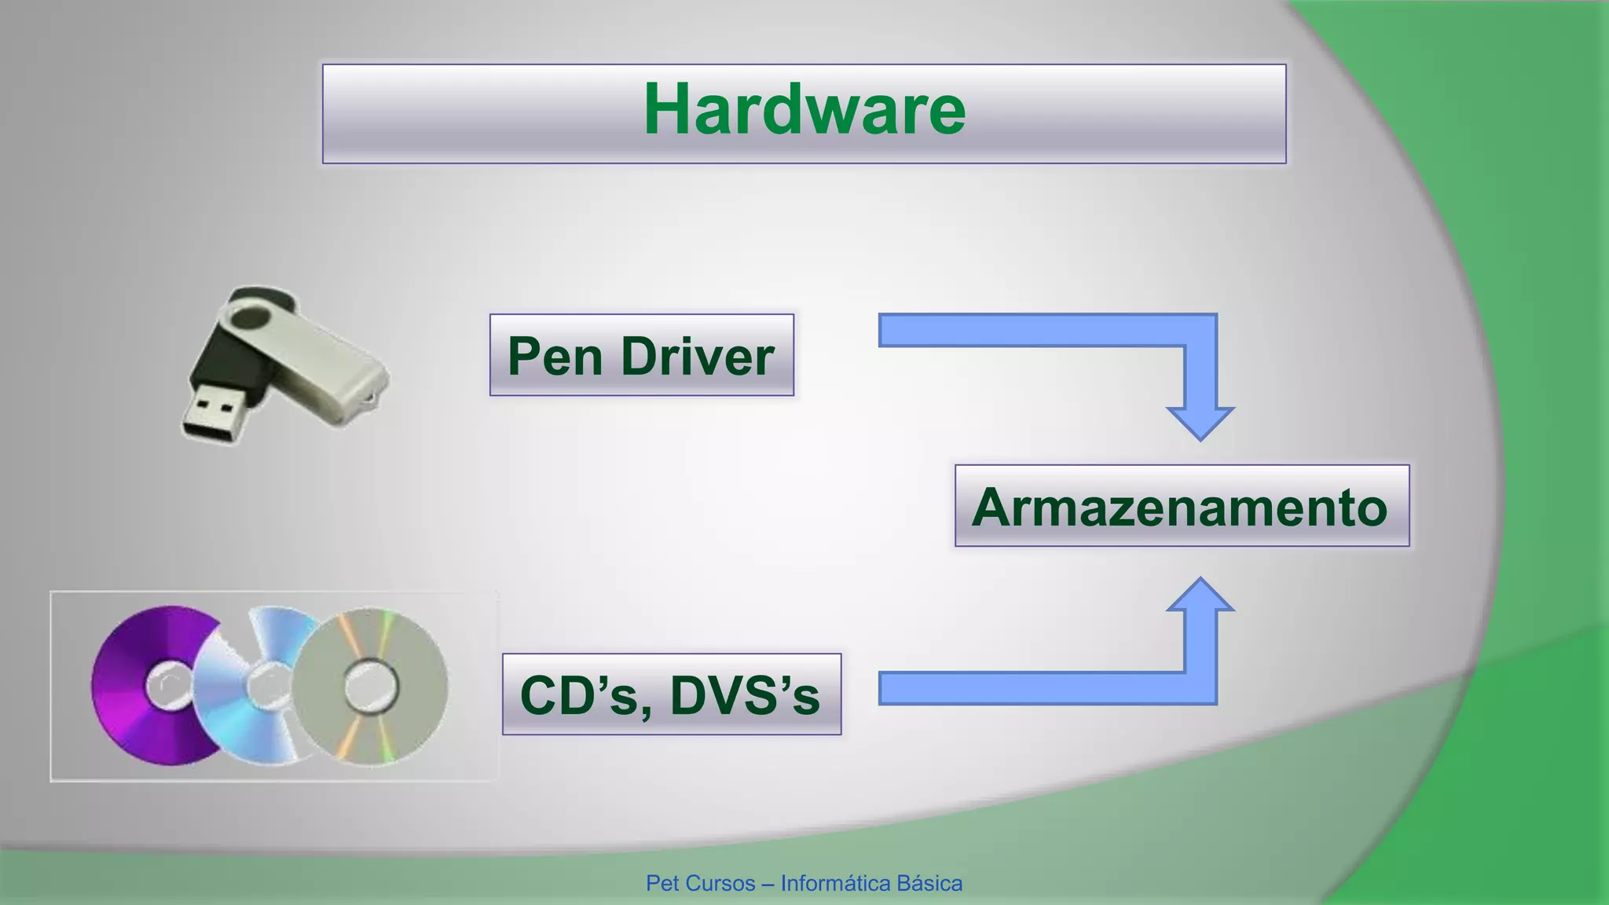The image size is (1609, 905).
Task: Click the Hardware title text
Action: [x=804, y=110]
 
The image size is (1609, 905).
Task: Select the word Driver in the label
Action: [x=698, y=356]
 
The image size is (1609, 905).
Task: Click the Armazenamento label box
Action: [x=1181, y=506]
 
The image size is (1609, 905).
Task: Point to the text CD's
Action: [x=580, y=695]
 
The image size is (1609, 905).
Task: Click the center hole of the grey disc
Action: [x=371, y=686]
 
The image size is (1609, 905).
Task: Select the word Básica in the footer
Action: [x=929, y=884]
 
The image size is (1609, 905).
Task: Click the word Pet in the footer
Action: [x=662, y=884]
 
